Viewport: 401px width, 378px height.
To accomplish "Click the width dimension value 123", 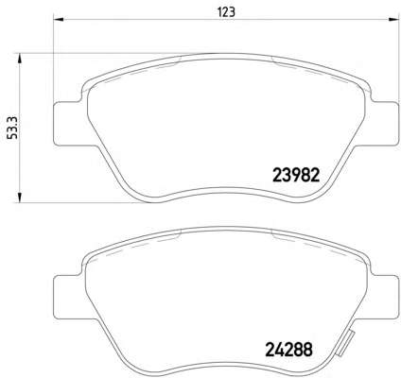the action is (227, 12).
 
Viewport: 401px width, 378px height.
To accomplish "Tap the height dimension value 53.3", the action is (13, 128).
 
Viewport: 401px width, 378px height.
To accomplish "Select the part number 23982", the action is (296, 175).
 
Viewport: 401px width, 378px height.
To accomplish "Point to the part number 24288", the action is (289, 349).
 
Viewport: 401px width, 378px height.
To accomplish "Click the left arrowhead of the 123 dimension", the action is (59, 19).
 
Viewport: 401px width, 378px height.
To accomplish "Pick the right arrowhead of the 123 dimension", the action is (393, 19).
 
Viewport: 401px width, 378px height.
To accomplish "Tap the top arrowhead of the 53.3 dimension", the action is (20, 59).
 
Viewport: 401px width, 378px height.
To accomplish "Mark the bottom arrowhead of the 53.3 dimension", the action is (20, 197).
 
